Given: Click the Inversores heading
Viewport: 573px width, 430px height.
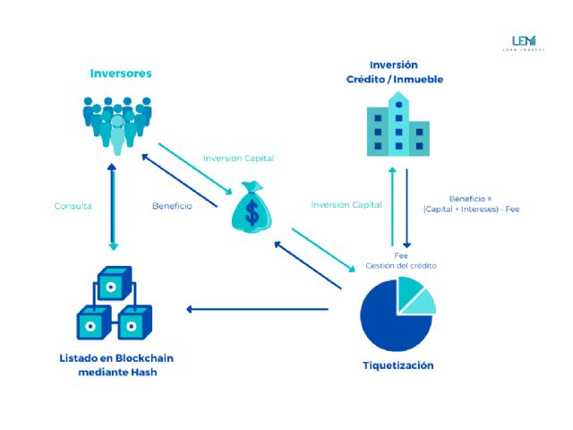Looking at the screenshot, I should click(121, 73).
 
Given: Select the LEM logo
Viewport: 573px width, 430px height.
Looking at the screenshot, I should click(522, 43).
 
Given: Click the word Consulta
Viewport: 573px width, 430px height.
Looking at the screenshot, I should click(73, 205).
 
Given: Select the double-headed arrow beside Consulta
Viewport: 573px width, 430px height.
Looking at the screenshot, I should click(113, 206).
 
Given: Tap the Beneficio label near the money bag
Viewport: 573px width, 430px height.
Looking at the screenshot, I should click(172, 205).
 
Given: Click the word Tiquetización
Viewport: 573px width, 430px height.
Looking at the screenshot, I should click(398, 365).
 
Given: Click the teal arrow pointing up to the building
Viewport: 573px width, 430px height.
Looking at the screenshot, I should click(390, 206).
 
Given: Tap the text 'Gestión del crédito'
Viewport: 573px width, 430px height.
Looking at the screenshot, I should click(401, 266).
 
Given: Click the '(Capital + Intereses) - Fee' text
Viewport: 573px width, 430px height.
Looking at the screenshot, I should click(472, 210).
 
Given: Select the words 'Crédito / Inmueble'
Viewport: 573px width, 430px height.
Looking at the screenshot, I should click(395, 80).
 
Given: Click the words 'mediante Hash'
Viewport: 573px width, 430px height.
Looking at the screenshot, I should click(116, 372).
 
